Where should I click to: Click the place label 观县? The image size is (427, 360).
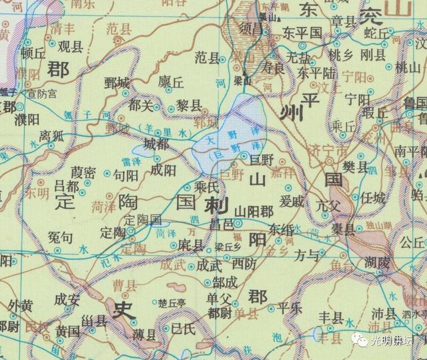71,47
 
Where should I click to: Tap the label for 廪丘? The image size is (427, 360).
171,81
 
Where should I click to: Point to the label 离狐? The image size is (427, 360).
51,135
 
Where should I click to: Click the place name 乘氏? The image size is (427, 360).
205,188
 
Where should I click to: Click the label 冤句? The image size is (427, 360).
61,236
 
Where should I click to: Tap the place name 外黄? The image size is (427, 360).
21,305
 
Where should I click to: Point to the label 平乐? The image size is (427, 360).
290,308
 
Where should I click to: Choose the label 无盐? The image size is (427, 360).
296,59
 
